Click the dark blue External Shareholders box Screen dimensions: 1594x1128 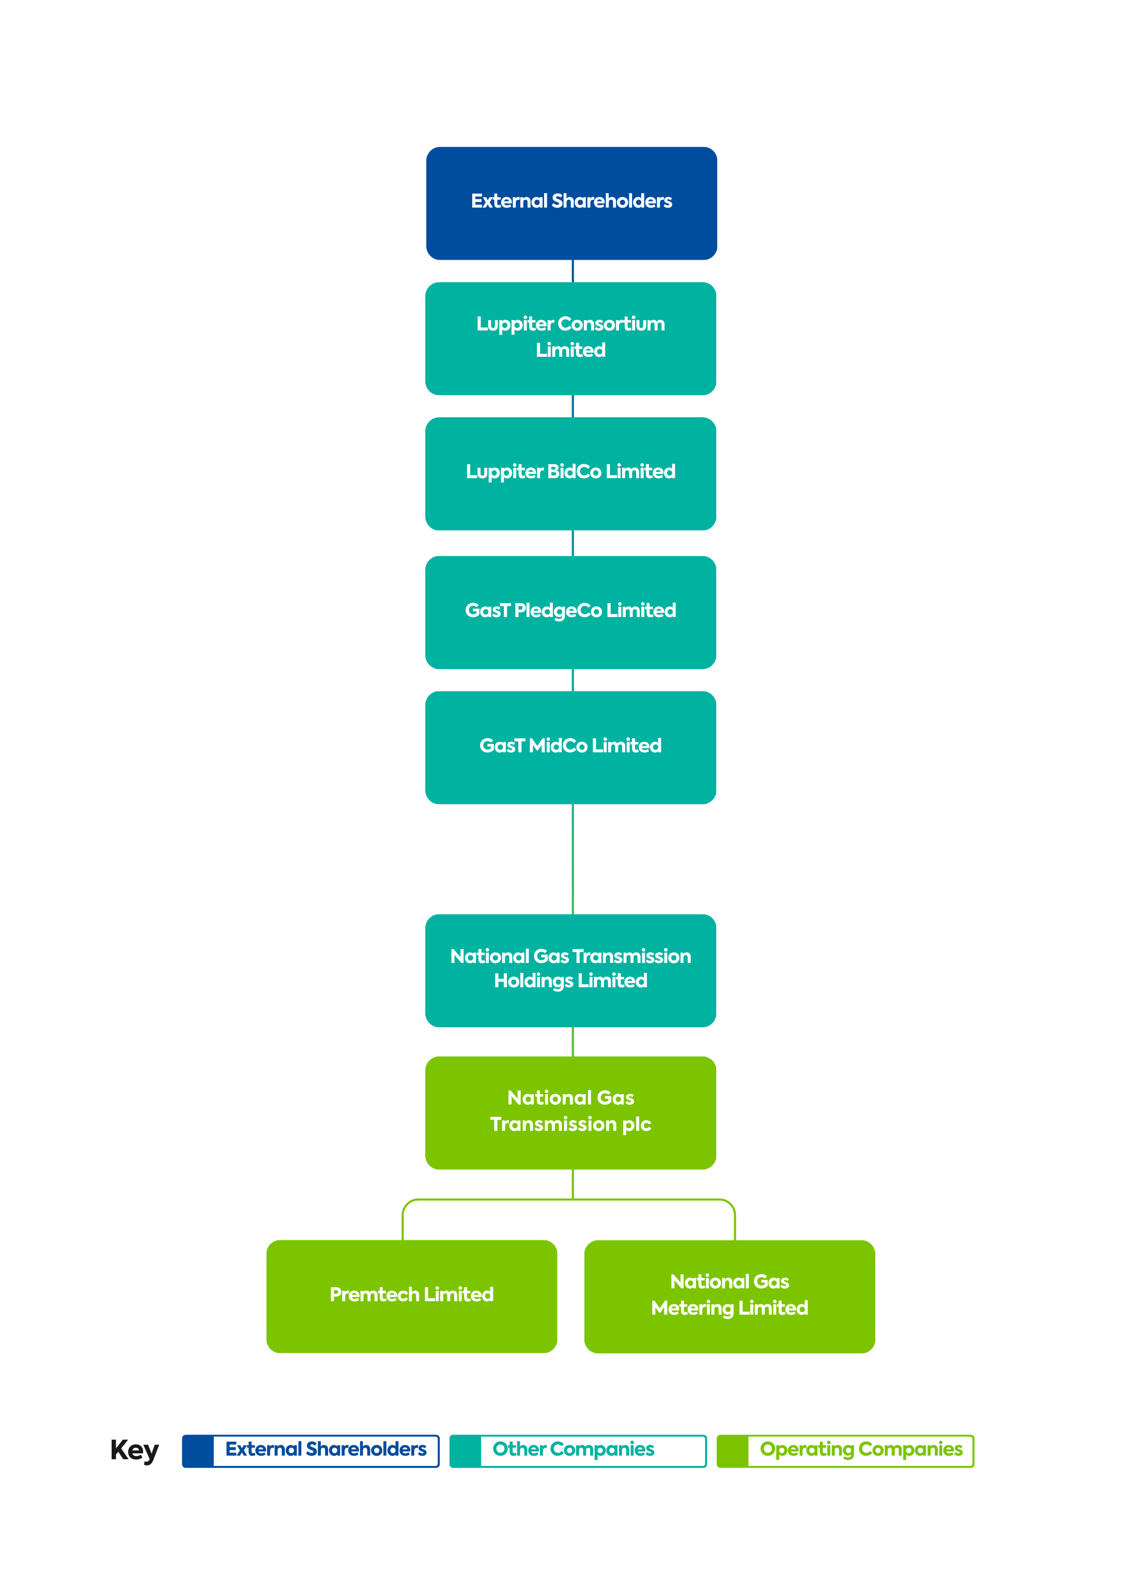tap(571, 203)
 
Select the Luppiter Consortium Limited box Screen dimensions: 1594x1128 tap(570, 338)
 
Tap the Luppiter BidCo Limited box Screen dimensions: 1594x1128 tap(570, 473)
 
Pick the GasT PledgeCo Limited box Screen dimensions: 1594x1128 tap(570, 612)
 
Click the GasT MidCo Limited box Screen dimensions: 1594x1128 tap(570, 747)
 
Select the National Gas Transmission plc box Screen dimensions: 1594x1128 tap(570, 1112)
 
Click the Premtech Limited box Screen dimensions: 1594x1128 tap(411, 1296)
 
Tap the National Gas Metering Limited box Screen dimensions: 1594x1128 tap(729, 1296)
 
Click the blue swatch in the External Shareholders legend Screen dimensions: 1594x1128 tap(198, 1451)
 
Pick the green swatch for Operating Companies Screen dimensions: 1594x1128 tap(733, 1451)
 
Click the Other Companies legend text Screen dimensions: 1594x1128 tap(573, 1449)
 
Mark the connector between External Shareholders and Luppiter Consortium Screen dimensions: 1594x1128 tap(573, 271)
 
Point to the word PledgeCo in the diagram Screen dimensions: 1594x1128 tap(558, 611)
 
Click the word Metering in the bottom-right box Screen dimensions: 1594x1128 tap(692, 1308)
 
